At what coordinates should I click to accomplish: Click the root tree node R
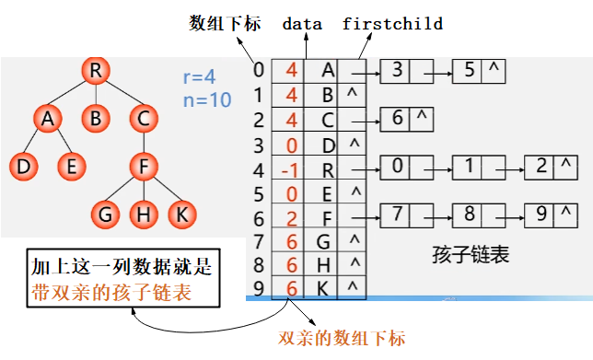pyautogui.click(x=95, y=70)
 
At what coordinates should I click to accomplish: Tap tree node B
pyautogui.click(x=95, y=118)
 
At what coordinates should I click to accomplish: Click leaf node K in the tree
pyautogui.click(x=181, y=215)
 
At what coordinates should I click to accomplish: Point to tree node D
pyautogui.click(x=22, y=167)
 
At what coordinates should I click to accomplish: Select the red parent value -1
pyautogui.click(x=290, y=168)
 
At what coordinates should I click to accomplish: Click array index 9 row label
pyautogui.click(x=259, y=288)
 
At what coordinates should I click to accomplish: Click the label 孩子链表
pyautogui.click(x=470, y=251)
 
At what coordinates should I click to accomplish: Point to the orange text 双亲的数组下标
pyautogui.click(x=343, y=337)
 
